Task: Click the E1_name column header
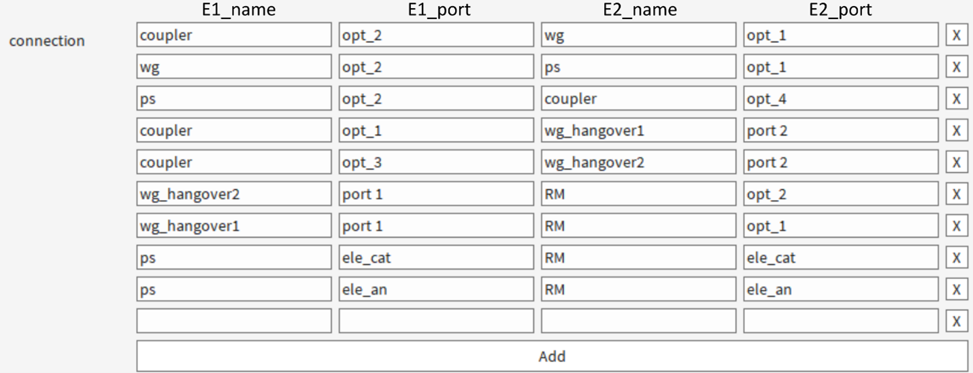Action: pos(238,10)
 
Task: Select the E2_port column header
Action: pos(840,10)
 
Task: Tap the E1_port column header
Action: pos(439,10)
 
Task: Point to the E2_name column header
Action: pos(640,10)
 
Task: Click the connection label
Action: pos(47,41)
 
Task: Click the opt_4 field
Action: pos(841,99)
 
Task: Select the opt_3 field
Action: pos(436,162)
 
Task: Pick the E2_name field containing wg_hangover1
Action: pos(638,131)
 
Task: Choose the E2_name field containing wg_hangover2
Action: pos(638,162)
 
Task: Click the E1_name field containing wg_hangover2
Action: pos(234,194)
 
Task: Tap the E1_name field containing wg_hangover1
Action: pos(234,225)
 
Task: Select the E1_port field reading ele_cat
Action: pos(436,257)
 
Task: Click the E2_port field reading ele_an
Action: pos(841,289)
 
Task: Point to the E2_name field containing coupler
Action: pos(638,99)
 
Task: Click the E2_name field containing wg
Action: pos(638,35)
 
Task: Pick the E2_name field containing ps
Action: pos(638,67)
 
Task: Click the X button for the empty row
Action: pos(957,321)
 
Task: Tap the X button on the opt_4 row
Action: pos(957,99)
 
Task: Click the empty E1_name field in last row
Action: pos(234,321)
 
